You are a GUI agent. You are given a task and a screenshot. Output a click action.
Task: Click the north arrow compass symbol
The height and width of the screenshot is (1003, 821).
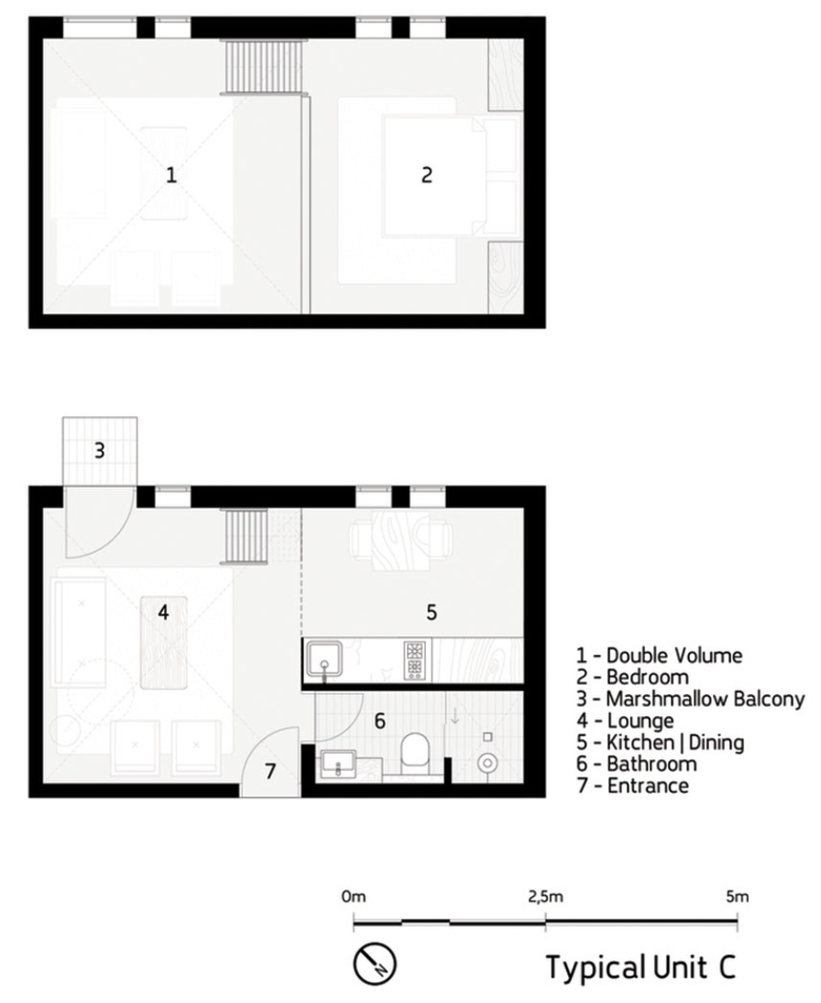tap(376, 964)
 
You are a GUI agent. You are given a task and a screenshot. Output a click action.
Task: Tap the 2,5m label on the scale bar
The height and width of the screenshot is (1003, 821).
tap(545, 897)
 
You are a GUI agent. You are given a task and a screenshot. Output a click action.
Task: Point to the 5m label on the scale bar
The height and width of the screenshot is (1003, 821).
tap(738, 897)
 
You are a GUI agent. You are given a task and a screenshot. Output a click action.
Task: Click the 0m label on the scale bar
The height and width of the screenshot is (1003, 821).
tap(354, 897)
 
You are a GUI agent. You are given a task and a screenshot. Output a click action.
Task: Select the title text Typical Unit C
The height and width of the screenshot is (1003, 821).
tap(640, 966)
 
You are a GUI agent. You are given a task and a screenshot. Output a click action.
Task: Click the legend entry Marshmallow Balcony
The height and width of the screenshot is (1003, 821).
tap(691, 699)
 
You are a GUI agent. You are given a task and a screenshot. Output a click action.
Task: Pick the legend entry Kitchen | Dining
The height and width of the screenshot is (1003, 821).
tap(661, 742)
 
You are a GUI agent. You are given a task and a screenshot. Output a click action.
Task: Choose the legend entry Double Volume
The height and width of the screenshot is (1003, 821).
tap(659, 655)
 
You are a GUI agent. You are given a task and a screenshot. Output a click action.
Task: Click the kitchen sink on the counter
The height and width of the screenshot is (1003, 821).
tap(324, 659)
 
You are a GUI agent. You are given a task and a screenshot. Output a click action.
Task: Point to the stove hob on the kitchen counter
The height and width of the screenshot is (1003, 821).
tap(414, 660)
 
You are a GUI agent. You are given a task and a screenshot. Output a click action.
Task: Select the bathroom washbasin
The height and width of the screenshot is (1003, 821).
tap(337, 764)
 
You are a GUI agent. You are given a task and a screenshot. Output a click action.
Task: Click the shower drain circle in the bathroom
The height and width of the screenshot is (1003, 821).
tap(487, 763)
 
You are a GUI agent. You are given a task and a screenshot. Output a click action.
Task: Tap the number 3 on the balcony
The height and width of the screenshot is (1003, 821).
tap(99, 450)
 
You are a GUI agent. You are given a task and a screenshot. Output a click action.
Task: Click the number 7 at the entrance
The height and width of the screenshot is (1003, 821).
tap(269, 771)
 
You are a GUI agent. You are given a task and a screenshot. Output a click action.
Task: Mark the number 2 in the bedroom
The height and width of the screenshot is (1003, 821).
tap(426, 174)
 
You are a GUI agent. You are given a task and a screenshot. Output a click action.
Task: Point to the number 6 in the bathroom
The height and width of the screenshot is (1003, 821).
tap(380, 722)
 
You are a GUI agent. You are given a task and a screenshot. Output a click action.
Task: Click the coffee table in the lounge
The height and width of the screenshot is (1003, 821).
tap(164, 642)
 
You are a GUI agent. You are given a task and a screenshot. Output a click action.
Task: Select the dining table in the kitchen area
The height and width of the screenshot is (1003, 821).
tap(401, 540)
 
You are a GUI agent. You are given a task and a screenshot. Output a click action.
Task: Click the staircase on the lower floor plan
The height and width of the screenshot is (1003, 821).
tap(244, 536)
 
